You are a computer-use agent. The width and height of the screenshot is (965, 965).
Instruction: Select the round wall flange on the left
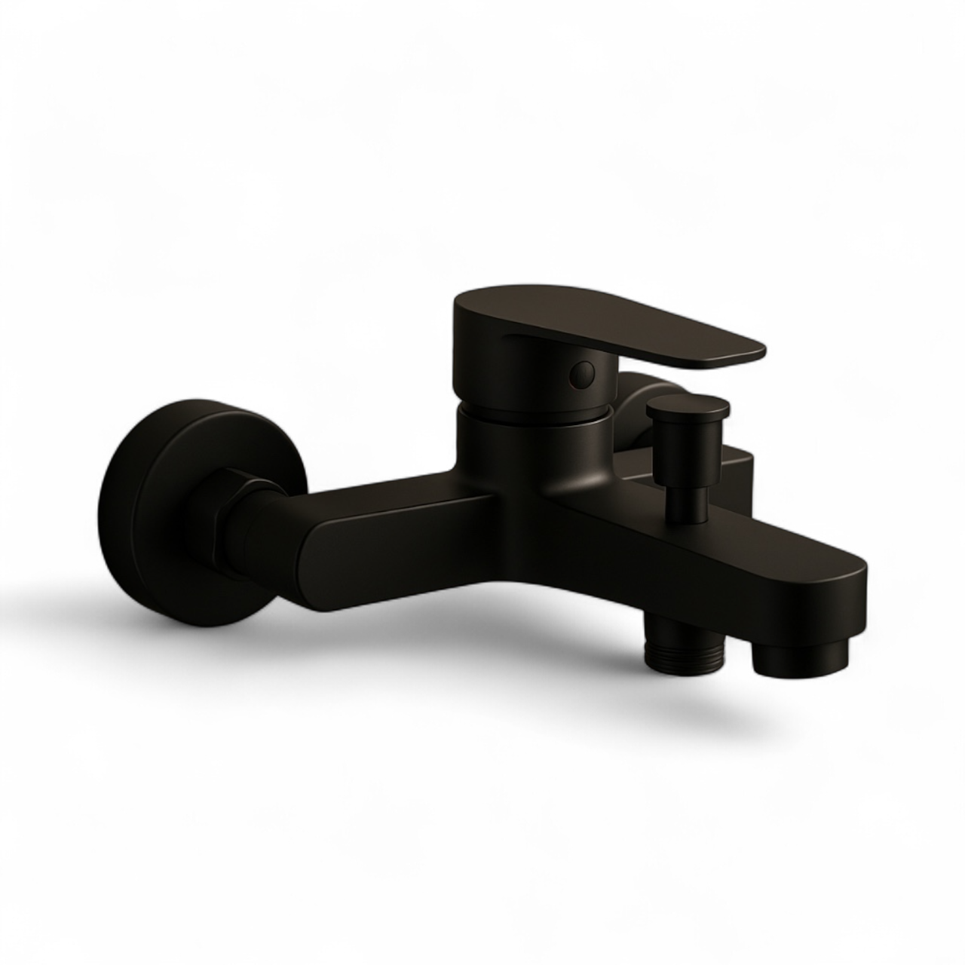point(151,482)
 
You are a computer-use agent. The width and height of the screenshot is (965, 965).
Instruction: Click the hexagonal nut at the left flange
point(219,505)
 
